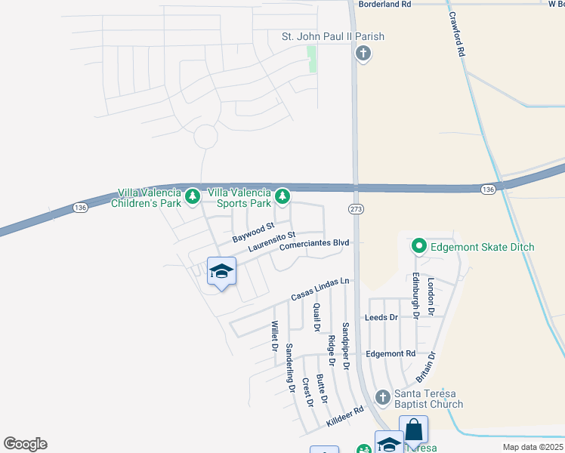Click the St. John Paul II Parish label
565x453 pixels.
332,36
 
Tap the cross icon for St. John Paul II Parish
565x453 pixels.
363,54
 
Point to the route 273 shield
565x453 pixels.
357,208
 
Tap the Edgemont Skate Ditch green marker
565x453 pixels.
418,246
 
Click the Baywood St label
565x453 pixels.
253,232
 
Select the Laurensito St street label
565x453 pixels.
264,244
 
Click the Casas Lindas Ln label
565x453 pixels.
320,289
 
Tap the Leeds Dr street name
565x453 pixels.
381,318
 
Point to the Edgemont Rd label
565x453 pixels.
390,353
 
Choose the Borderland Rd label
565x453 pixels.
384,4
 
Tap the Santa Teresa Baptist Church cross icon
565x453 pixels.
383,397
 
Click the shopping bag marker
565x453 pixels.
413,430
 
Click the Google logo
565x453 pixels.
25,444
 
